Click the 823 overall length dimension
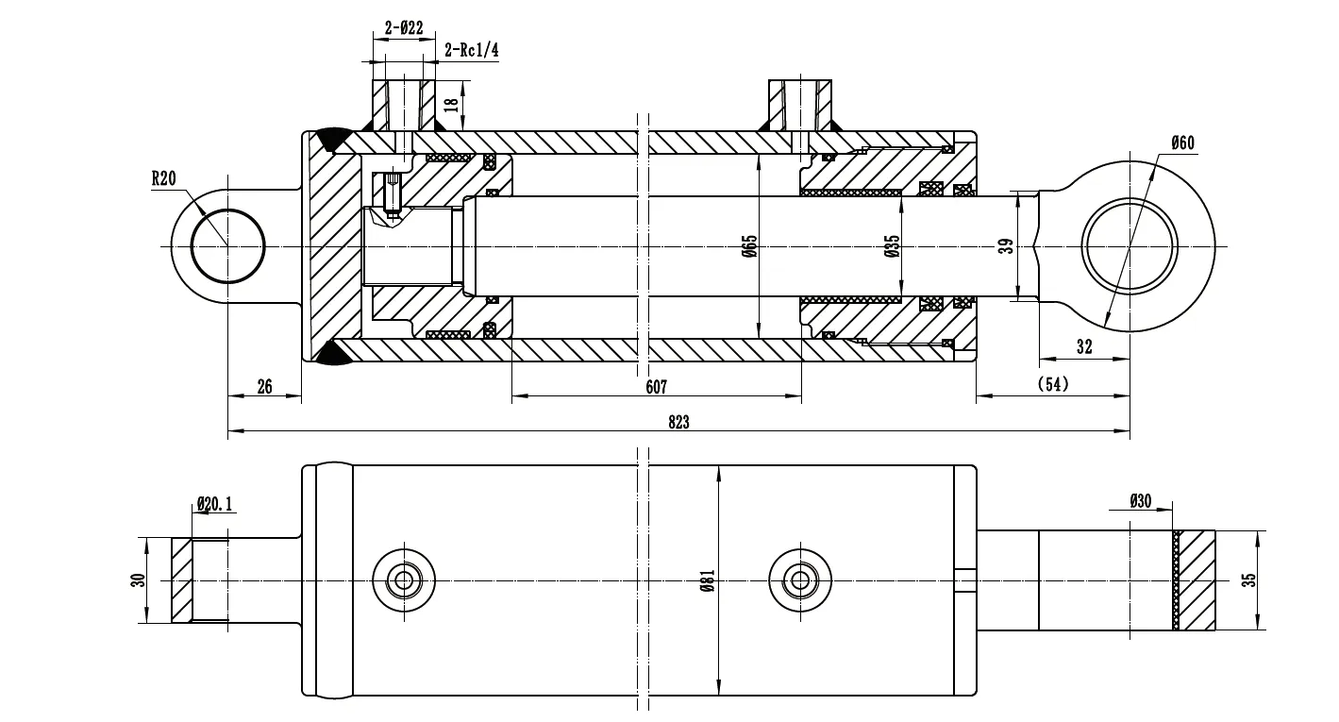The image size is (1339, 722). pos(678,423)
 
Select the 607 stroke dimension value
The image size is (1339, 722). pos(656,388)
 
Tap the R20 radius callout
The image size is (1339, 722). pos(163,179)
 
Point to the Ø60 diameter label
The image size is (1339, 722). pos(1182,143)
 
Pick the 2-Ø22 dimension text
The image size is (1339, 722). pos(403,29)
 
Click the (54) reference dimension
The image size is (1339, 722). pos(1052,384)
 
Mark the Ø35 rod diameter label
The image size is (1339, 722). pos(891,247)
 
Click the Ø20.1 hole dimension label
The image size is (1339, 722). pos(214,505)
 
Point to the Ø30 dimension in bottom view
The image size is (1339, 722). pos(1140,501)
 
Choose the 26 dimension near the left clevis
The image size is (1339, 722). pos(264,388)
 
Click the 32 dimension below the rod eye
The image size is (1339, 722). pos(1083,347)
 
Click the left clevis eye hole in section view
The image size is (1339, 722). pos(227,246)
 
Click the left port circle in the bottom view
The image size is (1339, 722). pos(406,579)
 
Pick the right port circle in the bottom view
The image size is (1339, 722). pos(801,579)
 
